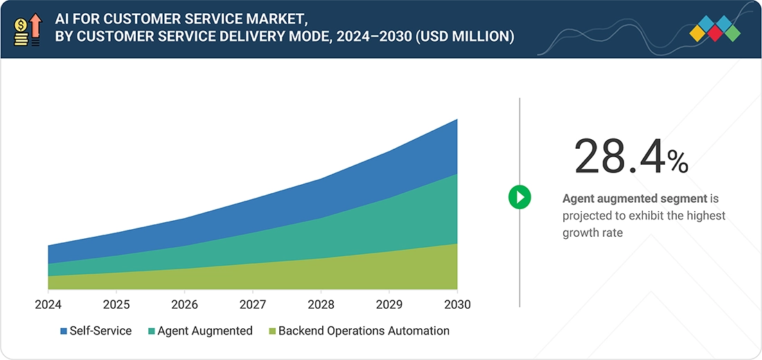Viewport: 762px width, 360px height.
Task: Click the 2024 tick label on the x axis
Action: tap(48, 305)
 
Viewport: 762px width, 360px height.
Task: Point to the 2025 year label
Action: tap(116, 305)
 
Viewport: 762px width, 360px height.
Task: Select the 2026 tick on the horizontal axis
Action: tap(184, 305)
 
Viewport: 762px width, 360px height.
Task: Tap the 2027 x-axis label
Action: tap(253, 305)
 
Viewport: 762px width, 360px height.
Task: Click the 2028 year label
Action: tap(321, 305)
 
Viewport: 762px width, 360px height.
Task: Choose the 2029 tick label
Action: tap(389, 305)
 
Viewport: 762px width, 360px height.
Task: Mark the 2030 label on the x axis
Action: tap(457, 305)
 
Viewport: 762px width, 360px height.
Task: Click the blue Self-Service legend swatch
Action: tap(64, 331)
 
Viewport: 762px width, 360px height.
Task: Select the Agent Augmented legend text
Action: tap(205, 331)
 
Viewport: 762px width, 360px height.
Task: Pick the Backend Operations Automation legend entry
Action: tap(364, 331)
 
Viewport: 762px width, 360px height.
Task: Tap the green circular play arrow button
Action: tap(520, 197)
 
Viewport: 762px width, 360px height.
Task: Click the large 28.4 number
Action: tap(619, 156)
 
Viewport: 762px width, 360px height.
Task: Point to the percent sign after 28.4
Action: tap(678, 162)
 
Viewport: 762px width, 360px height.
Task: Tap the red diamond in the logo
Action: tap(716, 35)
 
